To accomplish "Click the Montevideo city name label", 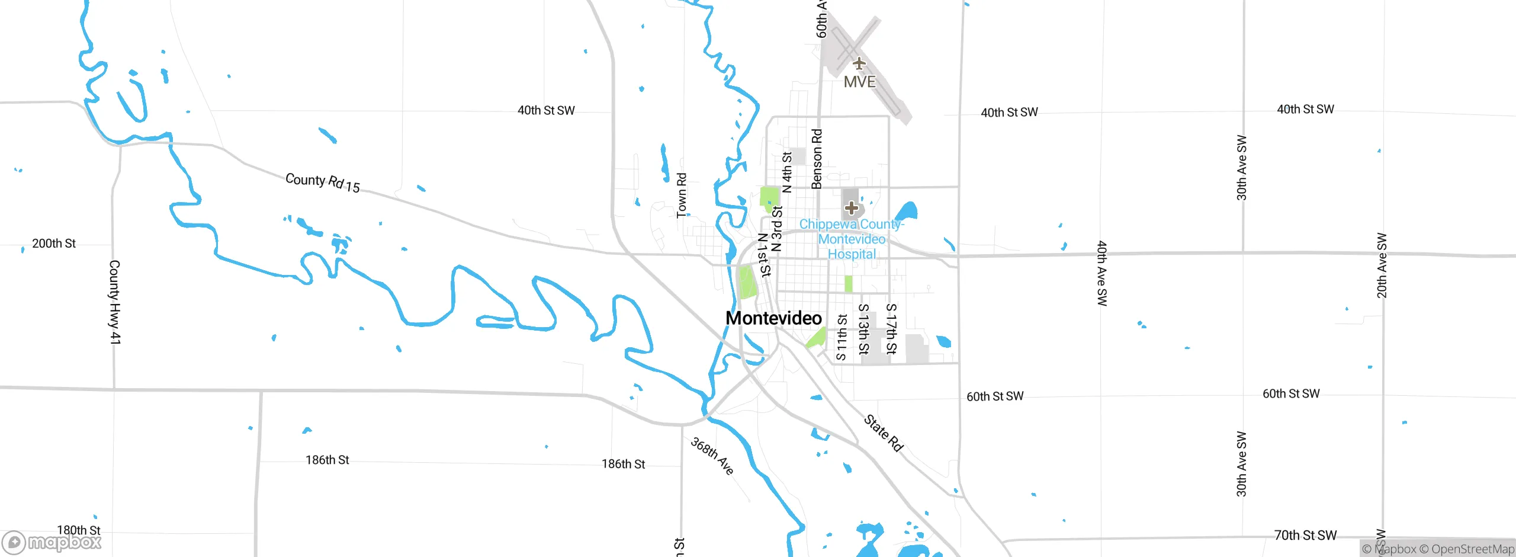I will pyautogui.click(x=773, y=318).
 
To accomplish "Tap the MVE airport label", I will pyautogui.click(x=859, y=82).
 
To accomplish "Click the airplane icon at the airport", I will pyautogui.click(x=859, y=63).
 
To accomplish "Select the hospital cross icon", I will pyautogui.click(x=852, y=208).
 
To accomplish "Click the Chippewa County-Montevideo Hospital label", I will pyautogui.click(x=852, y=239).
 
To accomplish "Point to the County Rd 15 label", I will pyautogui.click(x=323, y=183).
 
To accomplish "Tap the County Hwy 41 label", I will pyautogui.click(x=115, y=302).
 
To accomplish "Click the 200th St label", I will pyautogui.click(x=54, y=244).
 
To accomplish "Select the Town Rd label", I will pyautogui.click(x=682, y=196).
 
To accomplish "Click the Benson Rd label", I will pyautogui.click(x=817, y=159).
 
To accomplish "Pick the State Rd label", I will pyautogui.click(x=884, y=433).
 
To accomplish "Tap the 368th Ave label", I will pyautogui.click(x=712, y=456).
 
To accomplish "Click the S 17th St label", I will pyautogui.click(x=891, y=329).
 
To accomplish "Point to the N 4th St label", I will pyautogui.click(x=787, y=172).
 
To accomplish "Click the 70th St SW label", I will pyautogui.click(x=1305, y=535).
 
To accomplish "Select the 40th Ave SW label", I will pyautogui.click(x=1101, y=273).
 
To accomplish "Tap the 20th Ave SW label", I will pyautogui.click(x=1382, y=265).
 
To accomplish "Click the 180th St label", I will pyautogui.click(x=79, y=530).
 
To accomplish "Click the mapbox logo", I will pyautogui.click(x=52, y=542).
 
